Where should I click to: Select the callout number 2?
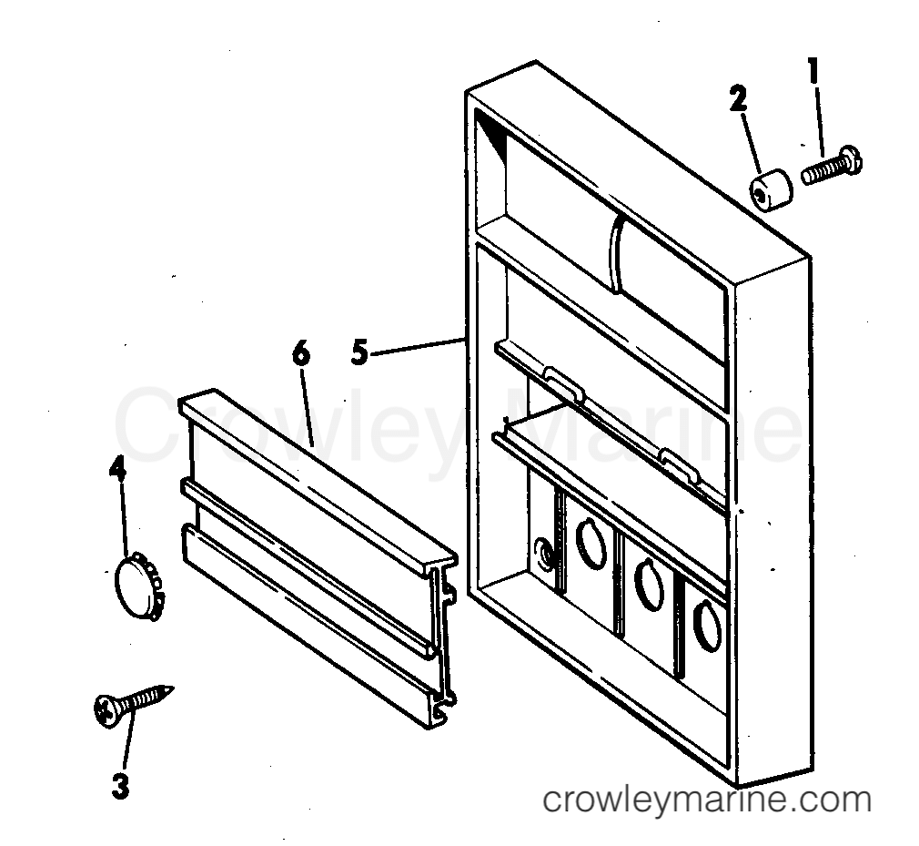(738, 98)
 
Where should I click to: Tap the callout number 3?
(120, 786)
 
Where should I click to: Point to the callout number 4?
(117, 470)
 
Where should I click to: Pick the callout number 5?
(359, 352)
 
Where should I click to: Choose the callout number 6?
(300, 353)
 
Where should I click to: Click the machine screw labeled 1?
(832, 166)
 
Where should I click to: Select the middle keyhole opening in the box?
(649, 585)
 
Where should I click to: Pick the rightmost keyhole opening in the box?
(707, 626)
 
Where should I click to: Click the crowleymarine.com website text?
(707, 800)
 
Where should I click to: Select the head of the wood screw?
(106, 711)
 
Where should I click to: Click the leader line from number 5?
(417, 345)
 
